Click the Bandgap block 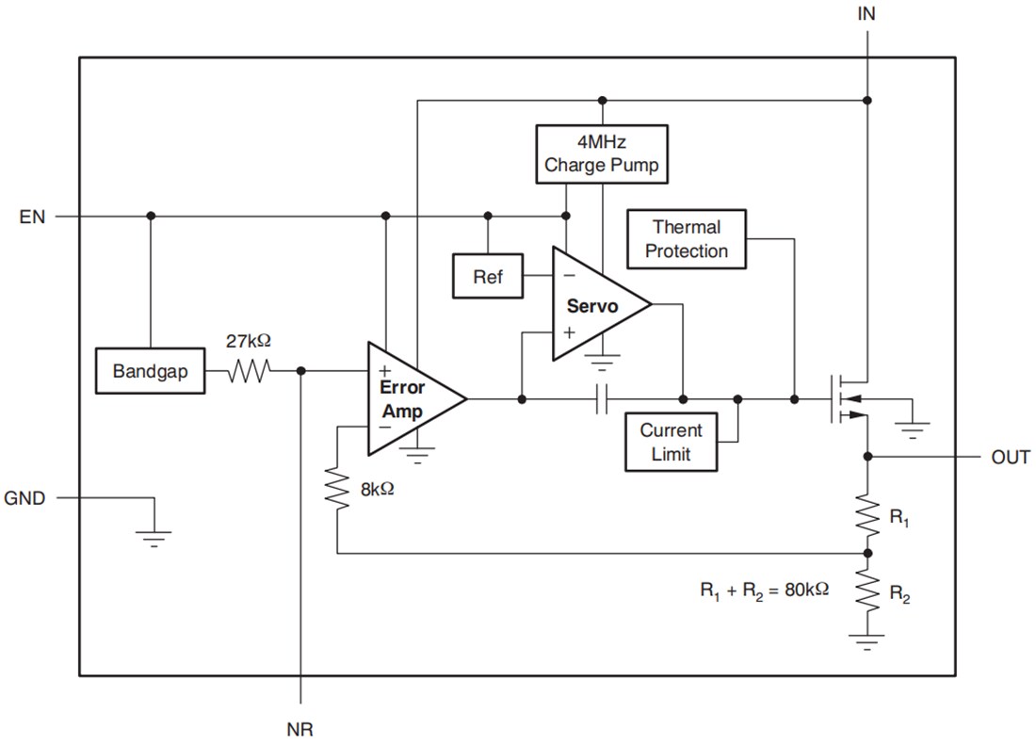[150, 371]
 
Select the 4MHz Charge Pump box [601, 154]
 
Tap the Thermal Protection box [686, 239]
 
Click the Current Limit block [671, 442]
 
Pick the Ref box [488, 277]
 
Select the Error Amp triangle [409, 399]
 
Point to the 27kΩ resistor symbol [248, 371]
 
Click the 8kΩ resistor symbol [336, 489]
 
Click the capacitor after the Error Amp [602, 400]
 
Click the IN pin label [866, 14]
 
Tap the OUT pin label [1010, 458]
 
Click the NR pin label [299, 729]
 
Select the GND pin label [24, 497]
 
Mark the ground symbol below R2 [866, 643]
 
